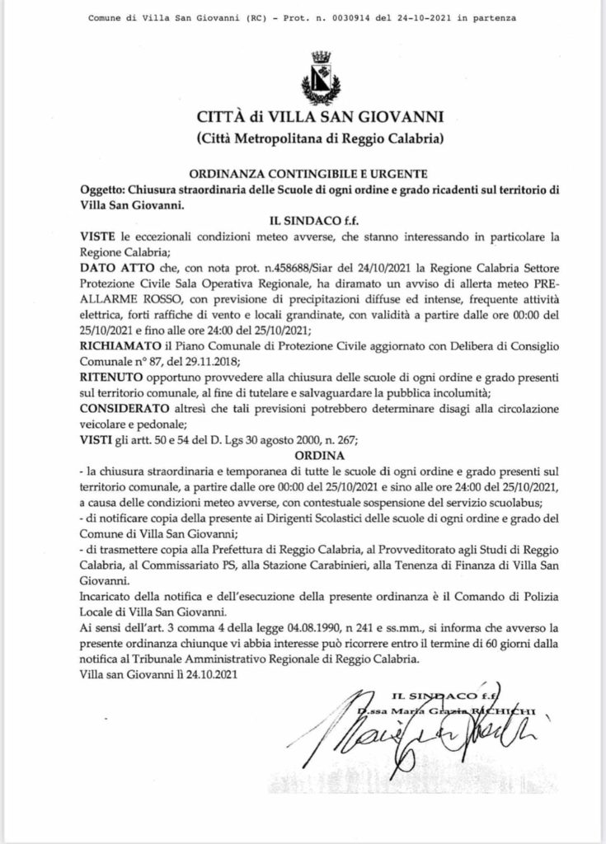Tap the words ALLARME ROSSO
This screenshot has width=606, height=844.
point(122,300)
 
